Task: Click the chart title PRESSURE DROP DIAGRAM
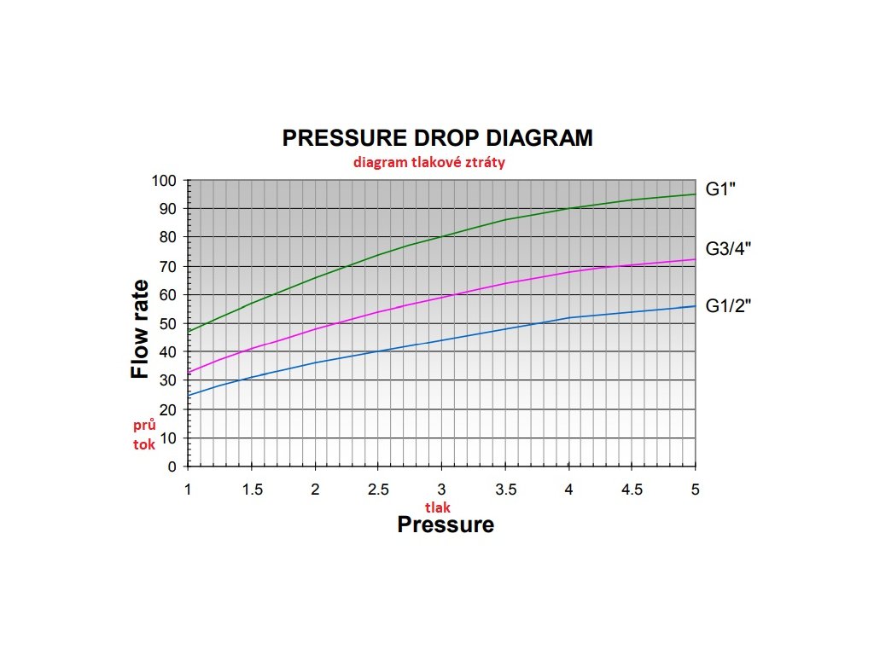(x=437, y=138)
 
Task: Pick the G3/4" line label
(x=727, y=249)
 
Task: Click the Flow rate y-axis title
(x=140, y=329)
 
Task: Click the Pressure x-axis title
(x=445, y=524)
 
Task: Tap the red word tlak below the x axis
(x=438, y=507)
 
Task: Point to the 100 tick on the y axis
(x=164, y=181)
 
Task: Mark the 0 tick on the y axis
(x=172, y=467)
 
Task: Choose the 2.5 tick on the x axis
(x=378, y=489)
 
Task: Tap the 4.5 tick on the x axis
(x=632, y=489)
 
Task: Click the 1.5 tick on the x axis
(x=252, y=489)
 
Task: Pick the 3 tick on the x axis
(x=441, y=489)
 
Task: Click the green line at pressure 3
(x=441, y=237)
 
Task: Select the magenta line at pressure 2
(x=315, y=329)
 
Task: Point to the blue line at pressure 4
(x=568, y=318)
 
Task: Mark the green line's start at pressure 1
(x=189, y=331)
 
